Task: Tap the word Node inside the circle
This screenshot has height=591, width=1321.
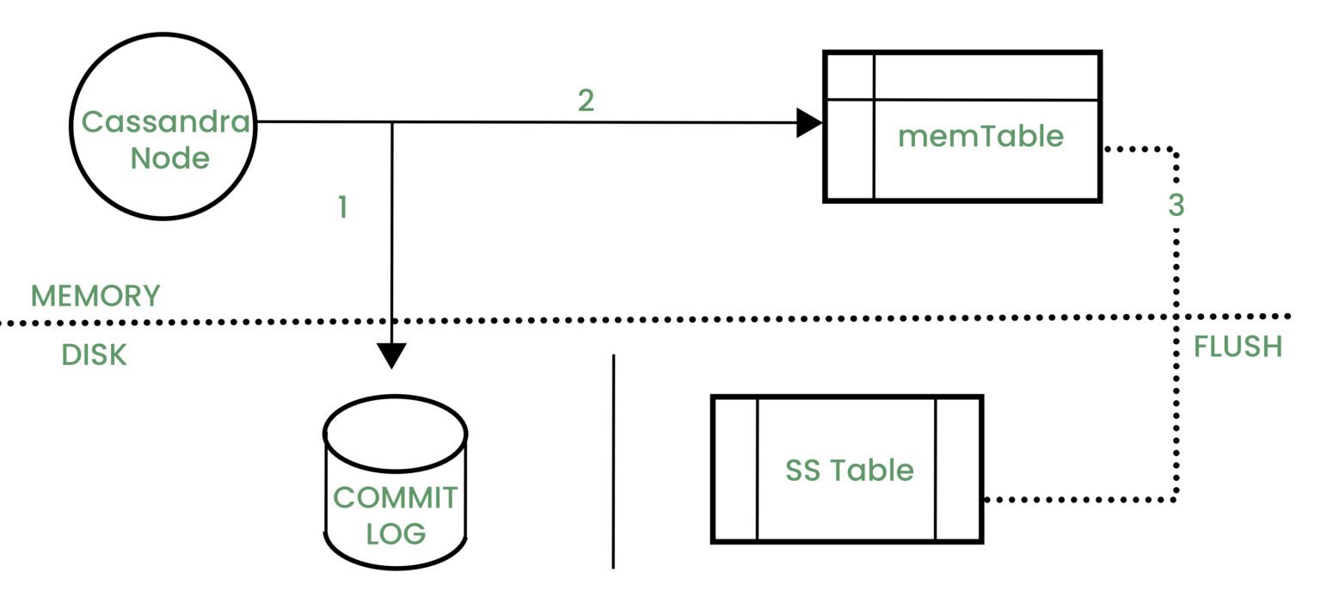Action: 169,158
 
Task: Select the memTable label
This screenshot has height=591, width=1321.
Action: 980,136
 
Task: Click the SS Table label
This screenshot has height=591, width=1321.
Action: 849,470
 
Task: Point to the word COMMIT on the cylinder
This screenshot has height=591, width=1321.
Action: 396,497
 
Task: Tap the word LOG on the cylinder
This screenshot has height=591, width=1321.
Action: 396,533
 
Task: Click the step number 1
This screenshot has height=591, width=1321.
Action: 342,207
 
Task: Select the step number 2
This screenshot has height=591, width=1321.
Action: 586,101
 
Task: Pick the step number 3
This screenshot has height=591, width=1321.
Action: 1176,206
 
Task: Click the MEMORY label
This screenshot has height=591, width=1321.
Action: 95,296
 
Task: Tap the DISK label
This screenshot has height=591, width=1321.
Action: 94,355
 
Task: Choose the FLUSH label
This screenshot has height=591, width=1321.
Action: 1238,347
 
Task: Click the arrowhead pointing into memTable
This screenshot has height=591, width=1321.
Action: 808,123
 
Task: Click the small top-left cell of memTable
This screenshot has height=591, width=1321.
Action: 850,77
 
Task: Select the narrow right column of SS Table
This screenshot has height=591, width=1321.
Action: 957,470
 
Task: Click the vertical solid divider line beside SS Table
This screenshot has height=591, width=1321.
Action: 613,461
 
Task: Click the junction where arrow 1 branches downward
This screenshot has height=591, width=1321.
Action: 392,122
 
